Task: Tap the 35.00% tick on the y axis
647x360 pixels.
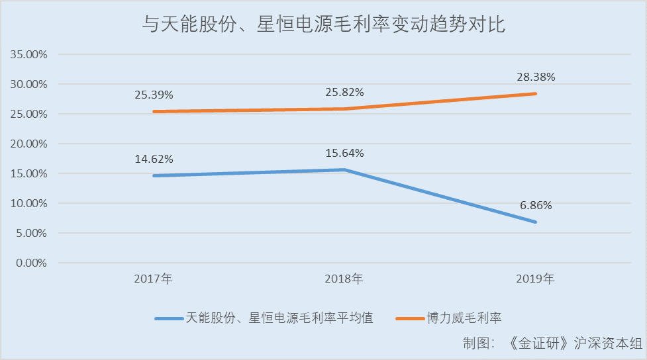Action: (28, 54)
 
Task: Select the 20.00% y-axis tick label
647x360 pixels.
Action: (28, 144)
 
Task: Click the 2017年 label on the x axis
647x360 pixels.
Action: (153, 279)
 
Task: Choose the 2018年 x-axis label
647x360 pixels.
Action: (344, 279)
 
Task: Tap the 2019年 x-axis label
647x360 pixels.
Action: (535, 279)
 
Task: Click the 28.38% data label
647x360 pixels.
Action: (536, 77)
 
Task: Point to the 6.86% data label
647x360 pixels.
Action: (536, 205)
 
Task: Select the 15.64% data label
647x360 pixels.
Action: (344, 154)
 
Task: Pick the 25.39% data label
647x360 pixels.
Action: (153, 95)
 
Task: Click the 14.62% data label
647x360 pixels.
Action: (153, 159)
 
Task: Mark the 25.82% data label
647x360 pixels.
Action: (344, 92)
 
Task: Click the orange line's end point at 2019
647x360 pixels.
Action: (536, 93)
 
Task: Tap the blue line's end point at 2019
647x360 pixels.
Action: (536, 222)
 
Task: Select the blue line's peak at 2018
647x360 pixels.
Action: (344, 169)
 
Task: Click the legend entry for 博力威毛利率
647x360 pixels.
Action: (464, 318)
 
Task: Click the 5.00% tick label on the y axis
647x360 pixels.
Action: (30, 233)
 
